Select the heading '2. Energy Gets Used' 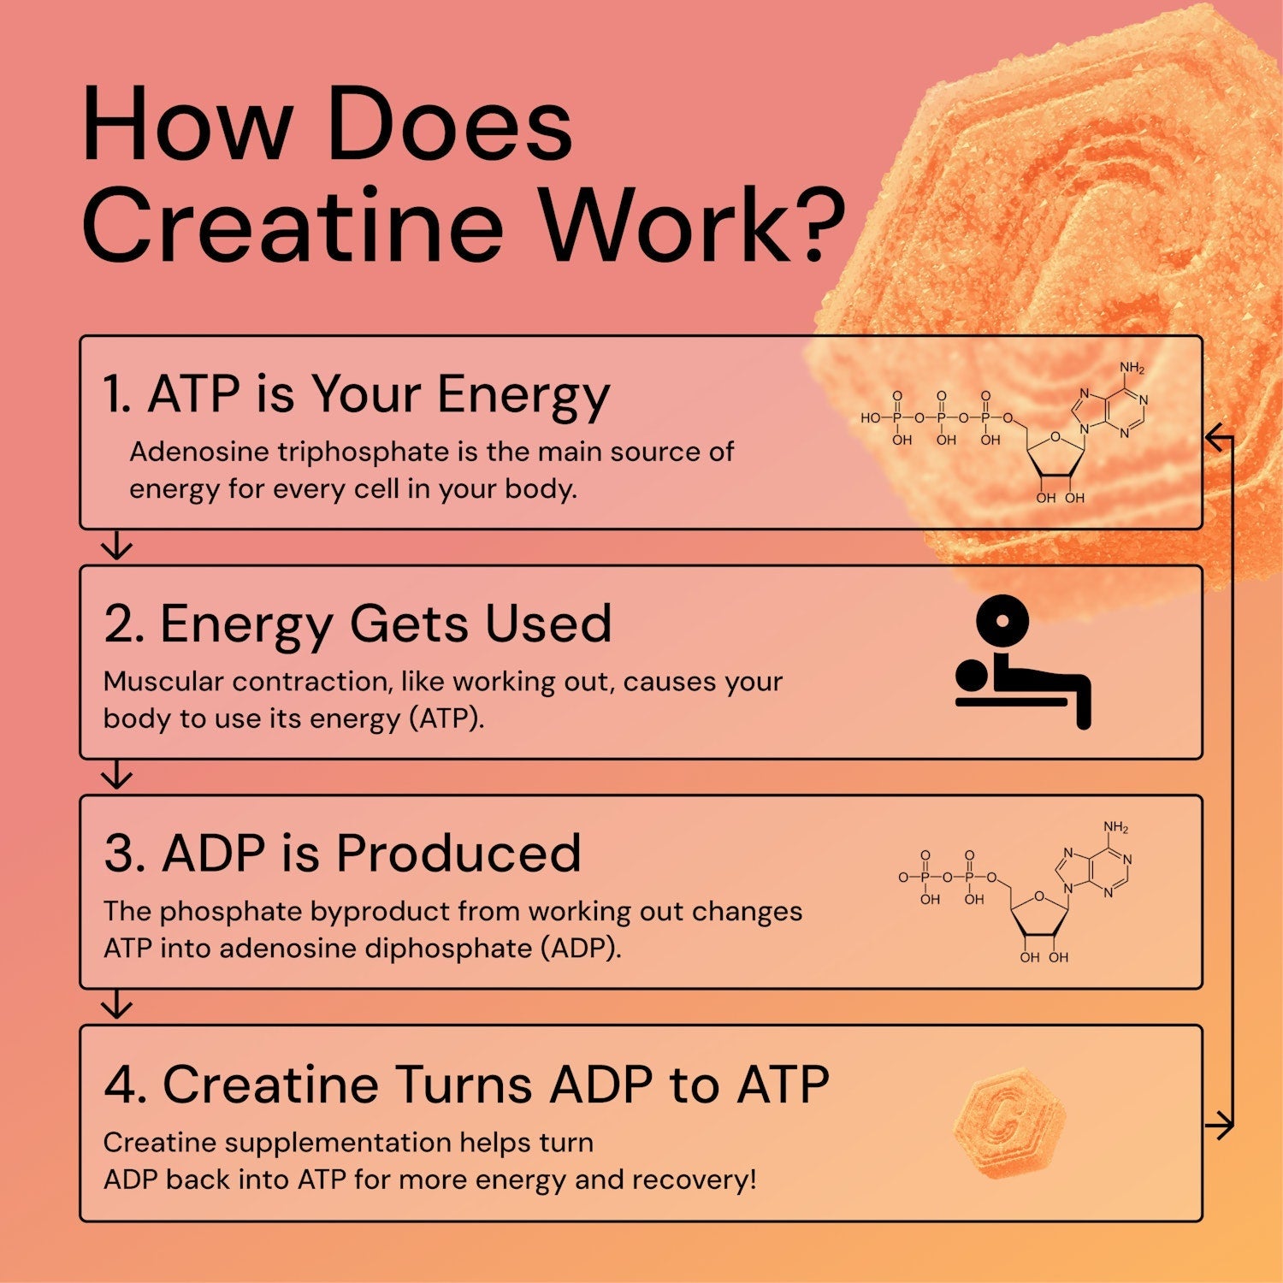pyautogui.click(x=358, y=624)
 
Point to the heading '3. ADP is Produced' pyautogui.click(x=342, y=854)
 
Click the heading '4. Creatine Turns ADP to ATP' pyautogui.click(x=466, y=1085)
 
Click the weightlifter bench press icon pyautogui.click(x=1023, y=663)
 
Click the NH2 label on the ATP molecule pyautogui.click(x=1132, y=369)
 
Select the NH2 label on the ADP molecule pyautogui.click(x=1115, y=828)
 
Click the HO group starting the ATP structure pyautogui.click(x=871, y=418)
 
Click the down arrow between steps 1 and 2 pyautogui.click(x=117, y=546)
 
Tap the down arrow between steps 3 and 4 pyautogui.click(x=117, y=1006)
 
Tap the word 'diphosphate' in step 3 pyautogui.click(x=452, y=949)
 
